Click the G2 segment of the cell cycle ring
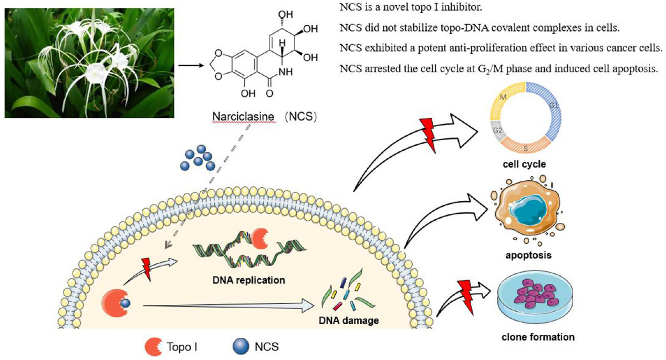(496, 129)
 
